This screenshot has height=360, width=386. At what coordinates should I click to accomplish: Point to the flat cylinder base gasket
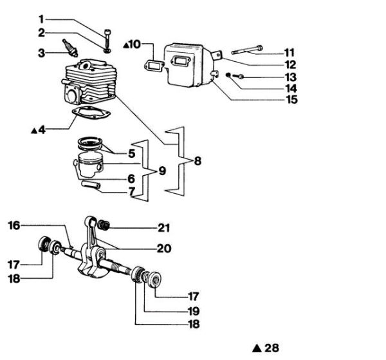90,118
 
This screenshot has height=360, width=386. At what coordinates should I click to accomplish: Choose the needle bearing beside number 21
108,225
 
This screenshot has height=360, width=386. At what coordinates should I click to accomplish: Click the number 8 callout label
197,161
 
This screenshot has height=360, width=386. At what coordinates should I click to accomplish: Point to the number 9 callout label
161,171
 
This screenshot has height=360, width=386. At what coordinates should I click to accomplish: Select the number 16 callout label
15,225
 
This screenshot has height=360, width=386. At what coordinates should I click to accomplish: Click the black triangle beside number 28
256,348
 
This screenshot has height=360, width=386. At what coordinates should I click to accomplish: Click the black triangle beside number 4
34,129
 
